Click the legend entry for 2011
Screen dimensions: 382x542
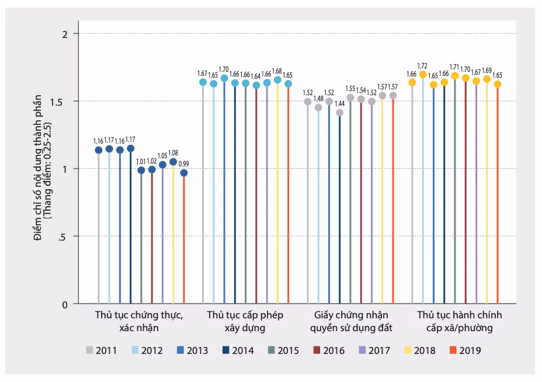coord(102,350)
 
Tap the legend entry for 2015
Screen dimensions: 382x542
coord(283,350)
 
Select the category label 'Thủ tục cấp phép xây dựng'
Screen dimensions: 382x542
coord(245,321)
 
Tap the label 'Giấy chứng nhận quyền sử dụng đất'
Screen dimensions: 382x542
coord(349,321)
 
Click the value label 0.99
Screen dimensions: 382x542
coord(184,164)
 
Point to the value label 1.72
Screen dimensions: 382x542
coord(423,65)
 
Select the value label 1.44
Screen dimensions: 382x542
coord(340,103)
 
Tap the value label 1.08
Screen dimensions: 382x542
coord(173,153)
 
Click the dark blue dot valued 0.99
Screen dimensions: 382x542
coord(184,173)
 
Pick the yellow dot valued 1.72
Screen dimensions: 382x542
coord(423,74)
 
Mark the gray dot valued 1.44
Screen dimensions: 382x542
coord(340,113)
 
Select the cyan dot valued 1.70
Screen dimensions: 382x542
coord(224,78)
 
